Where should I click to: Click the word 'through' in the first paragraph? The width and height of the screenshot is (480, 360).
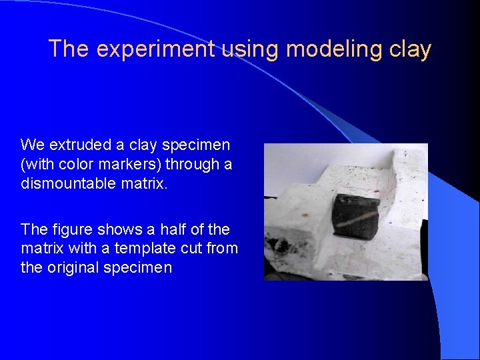click(x=190, y=164)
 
